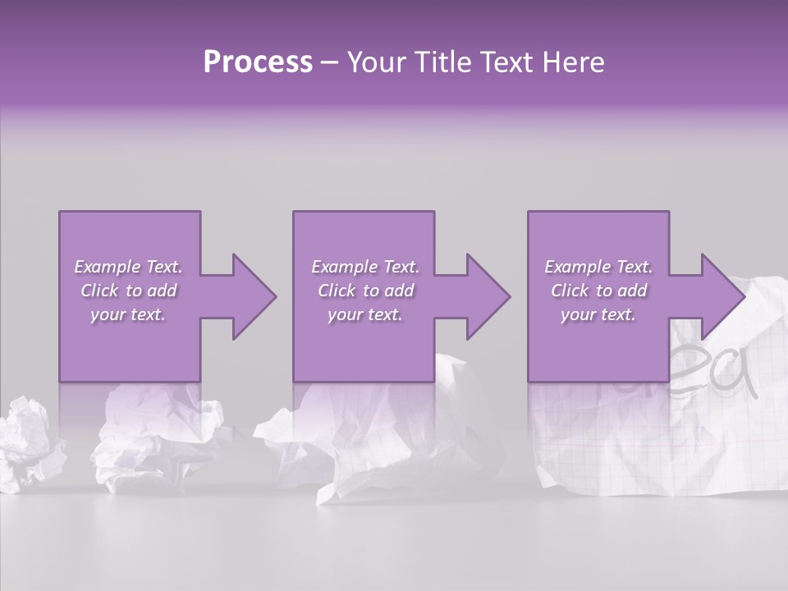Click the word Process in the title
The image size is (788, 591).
tap(258, 62)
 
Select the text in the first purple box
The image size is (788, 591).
tap(128, 291)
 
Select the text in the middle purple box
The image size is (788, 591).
tap(364, 291)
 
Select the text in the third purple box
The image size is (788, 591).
tap(598, 291)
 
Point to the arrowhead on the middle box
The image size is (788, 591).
tap(487, 296)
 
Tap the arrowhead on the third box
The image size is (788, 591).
tap(721, 296)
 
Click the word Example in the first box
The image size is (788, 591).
tap(108, 267)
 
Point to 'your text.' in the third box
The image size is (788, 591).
tap(598, 314)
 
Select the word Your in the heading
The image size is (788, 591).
tap(373, 62)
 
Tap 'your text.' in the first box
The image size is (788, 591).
tap(128, 314)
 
